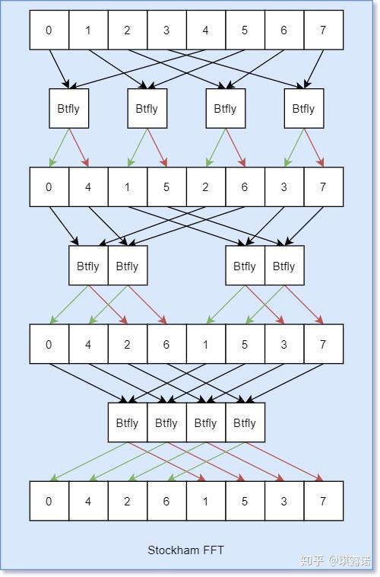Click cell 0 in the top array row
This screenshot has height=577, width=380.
pyautogui.click(x=49, y=30)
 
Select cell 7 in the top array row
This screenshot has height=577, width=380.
pyautogui.click(x=323, y=30)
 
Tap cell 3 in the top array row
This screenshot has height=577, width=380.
pyautogui.click(x=166, y=30)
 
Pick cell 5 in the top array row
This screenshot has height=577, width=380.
pyautogui.click(x=245, y=30)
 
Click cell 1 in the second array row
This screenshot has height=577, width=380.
pyautogui.click(x=128, y=186)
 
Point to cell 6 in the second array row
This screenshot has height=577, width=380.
pyautogui.click(x=245, y=186)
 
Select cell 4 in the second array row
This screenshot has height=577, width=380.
pyautogui.click(x=88, y=186)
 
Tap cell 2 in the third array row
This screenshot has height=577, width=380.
pyautogui.click(x=128, y=344)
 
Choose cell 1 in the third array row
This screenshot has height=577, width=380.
pyautogui.click(x=206, y=344)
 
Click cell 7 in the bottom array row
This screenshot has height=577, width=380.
pyautogui.click(x=323, y=501)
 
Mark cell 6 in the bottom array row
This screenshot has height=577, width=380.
pyautogui.click(x=166, y=501)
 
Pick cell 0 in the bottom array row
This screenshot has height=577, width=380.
pyautogui.click(x=49, y=501)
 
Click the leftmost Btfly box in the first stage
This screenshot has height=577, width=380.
pyautogui.click(x=68, y=109)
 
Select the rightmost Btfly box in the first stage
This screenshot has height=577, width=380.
pyautogui.click(x=303, y=109)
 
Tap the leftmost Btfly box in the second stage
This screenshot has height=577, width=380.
pyautogui.click(x=88, y=266)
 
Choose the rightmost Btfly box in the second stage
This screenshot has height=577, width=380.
pyautogui.click(x=284, y=266)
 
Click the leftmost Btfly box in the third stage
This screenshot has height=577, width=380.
pyautogui.click(x=128, y=422)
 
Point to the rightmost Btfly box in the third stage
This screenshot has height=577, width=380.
pyautogui.click(x=245, y=422)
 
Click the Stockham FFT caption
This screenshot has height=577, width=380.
pyautogui.click(x=185, y=550)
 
